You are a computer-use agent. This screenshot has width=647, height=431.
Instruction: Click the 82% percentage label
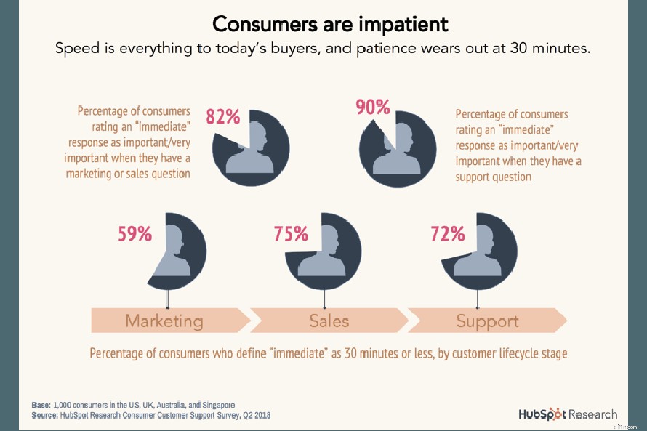(222, 116)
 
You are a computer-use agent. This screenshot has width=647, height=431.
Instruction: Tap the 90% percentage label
(372, 108)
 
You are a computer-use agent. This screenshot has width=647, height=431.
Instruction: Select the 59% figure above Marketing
(134, 234)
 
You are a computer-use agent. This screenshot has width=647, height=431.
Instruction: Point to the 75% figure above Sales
(290, 234)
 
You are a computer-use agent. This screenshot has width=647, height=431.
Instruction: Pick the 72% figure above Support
(447, 234)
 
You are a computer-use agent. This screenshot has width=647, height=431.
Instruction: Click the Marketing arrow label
(164, 321)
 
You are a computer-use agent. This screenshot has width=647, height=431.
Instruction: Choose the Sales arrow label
(329, 321)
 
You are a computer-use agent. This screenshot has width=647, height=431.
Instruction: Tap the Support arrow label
(487, 321)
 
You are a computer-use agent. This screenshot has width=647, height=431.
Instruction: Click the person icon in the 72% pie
(477, 251)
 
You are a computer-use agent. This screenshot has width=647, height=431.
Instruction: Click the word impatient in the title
(403, 24)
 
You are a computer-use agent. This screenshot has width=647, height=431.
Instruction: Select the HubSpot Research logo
(567, 414)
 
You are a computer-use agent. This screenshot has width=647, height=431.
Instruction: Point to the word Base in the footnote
(41, 405)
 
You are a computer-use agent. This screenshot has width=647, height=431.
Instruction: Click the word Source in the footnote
(45, 415)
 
